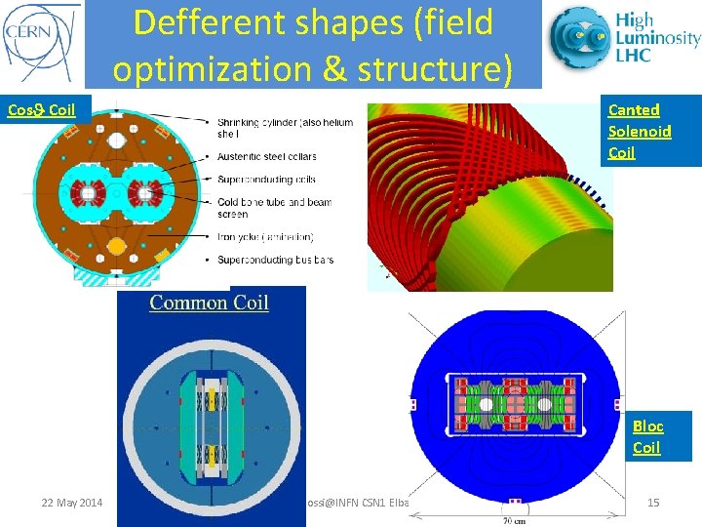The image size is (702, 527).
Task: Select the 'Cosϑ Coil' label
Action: (41, 108)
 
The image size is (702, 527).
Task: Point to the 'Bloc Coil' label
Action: (647, 436)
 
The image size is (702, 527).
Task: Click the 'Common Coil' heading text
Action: (209, 303)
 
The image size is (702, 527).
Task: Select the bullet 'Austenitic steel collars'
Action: (266, 156)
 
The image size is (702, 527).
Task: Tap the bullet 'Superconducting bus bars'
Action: (276, 260)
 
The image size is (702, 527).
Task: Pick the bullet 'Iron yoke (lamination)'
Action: (265, 236)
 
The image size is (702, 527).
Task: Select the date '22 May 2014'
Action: (71, 503)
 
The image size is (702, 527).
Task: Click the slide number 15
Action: (653, 503)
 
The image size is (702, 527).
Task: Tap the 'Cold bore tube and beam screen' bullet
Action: (274, 208)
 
